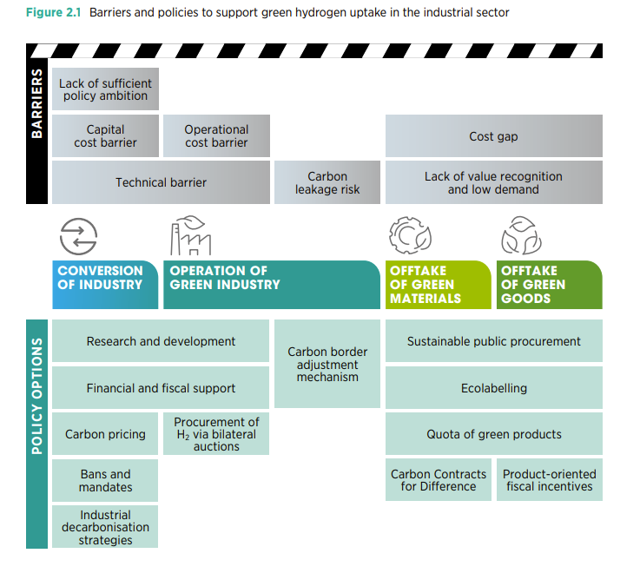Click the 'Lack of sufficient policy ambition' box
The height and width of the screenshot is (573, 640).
point(105,89)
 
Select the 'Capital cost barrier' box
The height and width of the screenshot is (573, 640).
point(105,136)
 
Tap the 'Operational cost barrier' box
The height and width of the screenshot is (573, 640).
point(216,136)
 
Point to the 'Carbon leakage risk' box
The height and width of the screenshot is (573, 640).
point(327,182)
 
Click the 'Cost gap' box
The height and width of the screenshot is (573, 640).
point(494,136)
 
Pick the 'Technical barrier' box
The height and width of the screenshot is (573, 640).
point(161,182)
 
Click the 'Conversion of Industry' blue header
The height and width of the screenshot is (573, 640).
point(105,285)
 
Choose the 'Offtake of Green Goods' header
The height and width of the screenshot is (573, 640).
point(550,285)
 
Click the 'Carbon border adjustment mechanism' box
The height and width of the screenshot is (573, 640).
point(327,364)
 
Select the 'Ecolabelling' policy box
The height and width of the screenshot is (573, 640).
point(494,388)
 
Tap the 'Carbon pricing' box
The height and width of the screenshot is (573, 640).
point(105,434)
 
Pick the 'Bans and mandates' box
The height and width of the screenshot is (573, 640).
point(105,480)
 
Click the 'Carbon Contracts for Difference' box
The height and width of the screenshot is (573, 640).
point(439,480)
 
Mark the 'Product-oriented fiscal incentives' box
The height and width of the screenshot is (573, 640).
point(550,480)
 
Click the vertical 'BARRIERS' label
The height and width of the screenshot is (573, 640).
point(36,103)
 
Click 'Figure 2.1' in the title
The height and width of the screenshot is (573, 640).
point(54,13)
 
